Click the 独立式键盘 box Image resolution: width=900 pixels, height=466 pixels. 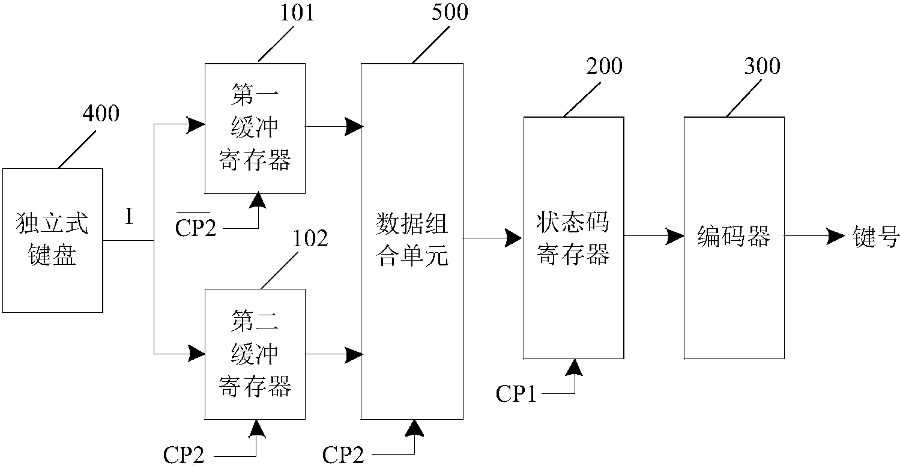coord(53,240)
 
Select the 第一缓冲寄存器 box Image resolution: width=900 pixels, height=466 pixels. coord(255,128)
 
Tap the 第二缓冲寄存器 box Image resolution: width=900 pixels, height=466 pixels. coord(255,354)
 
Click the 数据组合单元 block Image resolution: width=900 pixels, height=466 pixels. coord(412,240)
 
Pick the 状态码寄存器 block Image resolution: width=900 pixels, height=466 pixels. coord(573,238)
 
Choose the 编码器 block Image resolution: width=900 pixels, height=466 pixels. coord(734,237)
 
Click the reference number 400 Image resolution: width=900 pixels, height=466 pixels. coord(100,113)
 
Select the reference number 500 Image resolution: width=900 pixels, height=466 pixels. coord(450,13)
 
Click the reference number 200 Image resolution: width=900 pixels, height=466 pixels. coord(604,66)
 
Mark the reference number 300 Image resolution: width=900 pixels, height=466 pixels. coord(762,66)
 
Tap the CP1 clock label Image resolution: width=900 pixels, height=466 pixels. coord(515,393)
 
